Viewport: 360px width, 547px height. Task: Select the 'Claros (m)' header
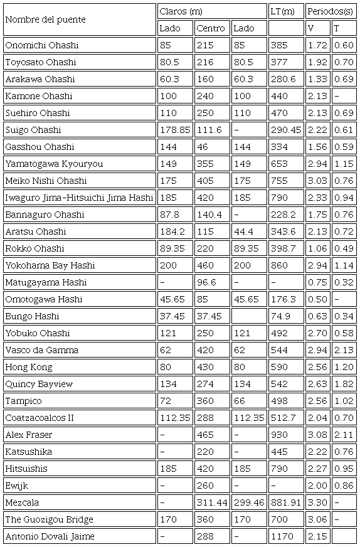tap(181, 11)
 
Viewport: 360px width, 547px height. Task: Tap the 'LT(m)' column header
tap(282, 11)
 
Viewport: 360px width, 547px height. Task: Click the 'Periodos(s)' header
tap(331, 11)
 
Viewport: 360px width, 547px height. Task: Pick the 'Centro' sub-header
tap(210, 28)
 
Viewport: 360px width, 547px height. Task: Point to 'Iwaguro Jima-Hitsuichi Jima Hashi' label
tap(79, 198)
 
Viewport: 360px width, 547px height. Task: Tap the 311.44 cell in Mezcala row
tap(211, 502)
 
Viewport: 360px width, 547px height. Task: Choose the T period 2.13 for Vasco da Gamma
tap(343, 350)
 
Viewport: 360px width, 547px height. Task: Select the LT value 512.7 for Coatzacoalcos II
tap(283, 418)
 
